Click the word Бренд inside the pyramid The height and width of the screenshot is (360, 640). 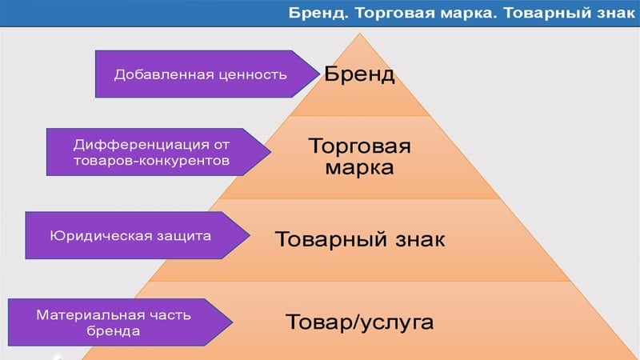[359, 74]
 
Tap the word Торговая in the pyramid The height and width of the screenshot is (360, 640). [359, 146]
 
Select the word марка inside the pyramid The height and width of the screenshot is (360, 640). [359, 168]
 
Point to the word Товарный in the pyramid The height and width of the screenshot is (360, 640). [330, 239]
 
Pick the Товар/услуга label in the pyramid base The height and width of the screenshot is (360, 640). [359, 322]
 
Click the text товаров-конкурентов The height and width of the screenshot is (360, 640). [151, 161]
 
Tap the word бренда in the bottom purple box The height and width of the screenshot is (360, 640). [113, 330]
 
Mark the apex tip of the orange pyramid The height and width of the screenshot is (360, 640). [359, 34]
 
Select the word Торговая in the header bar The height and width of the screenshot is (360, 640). [394, 14]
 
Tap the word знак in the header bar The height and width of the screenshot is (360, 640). [615, 14]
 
